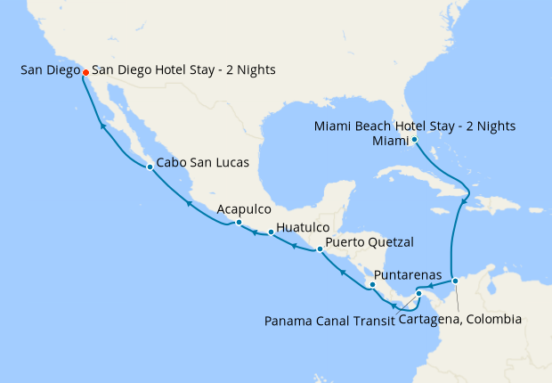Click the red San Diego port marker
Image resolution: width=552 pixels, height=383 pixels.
coord(85,72)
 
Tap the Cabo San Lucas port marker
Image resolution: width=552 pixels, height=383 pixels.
coord(150,167)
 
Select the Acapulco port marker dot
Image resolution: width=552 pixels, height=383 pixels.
coord(239,222)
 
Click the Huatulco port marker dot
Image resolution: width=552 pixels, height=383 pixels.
coord(271,232)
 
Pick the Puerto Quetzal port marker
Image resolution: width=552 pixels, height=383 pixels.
coord(319,249)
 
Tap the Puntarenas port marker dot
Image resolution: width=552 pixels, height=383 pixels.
coord(372,285)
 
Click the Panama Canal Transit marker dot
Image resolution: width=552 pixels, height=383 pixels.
coord(418,293)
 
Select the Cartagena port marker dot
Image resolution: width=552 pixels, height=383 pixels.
coord(455,281)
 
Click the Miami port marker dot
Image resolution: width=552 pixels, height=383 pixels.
coord(415,140)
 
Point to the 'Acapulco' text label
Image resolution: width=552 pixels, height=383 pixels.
coord(244,208)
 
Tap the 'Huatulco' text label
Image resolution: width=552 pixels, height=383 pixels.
coord(303,227)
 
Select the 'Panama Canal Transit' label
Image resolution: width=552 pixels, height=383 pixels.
coord(329,320)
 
